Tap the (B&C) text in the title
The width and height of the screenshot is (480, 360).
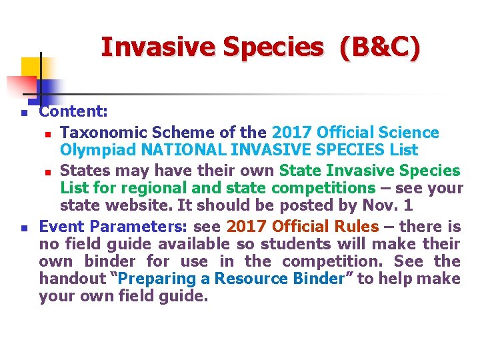click(x=379, y=47)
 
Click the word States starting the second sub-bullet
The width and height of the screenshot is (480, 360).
click(x=92, y=171)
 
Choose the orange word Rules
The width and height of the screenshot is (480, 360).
click(x=355, y=227)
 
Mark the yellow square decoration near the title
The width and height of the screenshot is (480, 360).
click(x=31, y=67)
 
